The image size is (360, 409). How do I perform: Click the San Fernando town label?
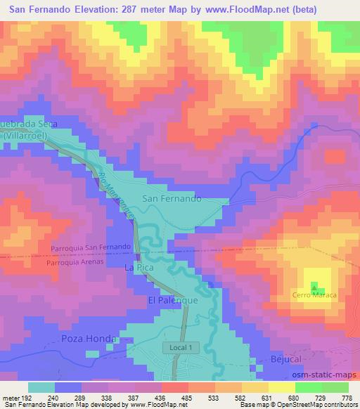coord(172,199)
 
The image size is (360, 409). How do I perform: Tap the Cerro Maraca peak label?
coord(314,295)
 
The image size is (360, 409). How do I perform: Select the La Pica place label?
coord(138,268)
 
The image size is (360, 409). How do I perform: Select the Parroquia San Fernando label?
coord(91,248)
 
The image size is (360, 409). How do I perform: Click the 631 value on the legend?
coord(266,397)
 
